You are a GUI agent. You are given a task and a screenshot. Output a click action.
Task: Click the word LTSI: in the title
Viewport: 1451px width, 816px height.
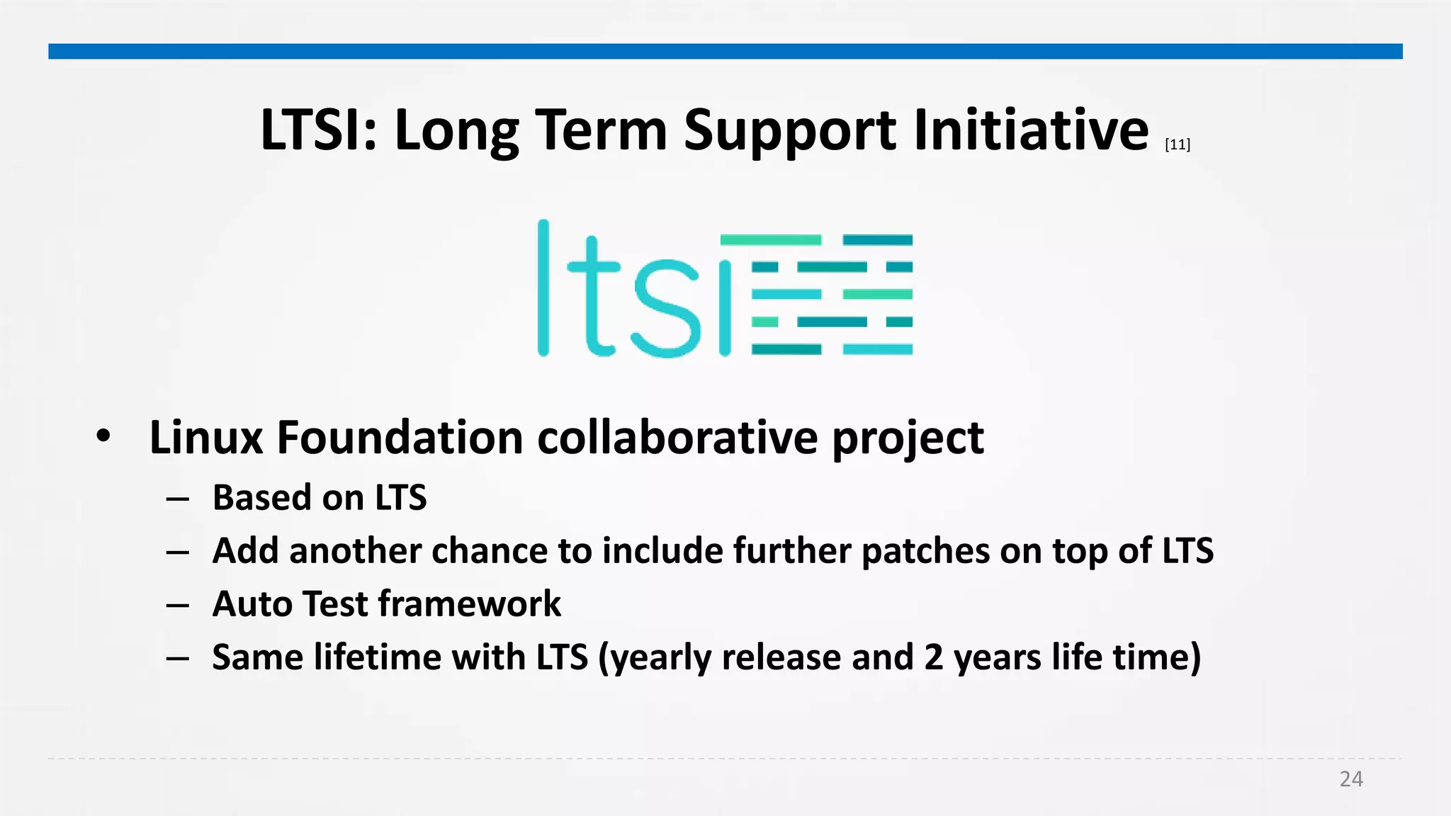(x=319, y=130)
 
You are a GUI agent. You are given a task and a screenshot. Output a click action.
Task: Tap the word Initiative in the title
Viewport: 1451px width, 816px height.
(x=1031, y=130)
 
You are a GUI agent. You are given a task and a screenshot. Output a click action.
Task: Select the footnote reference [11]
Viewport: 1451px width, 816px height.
(x=1177, y=144)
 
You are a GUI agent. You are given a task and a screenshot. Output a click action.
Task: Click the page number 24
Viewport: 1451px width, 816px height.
(x=1350, y=779)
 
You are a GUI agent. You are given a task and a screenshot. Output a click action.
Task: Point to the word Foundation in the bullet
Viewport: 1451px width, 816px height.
(x=400, y=438)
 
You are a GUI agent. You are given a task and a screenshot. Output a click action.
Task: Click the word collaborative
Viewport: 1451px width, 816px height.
(x=677, y=438)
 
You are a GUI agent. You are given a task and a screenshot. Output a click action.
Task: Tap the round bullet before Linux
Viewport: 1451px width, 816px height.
(x=103, y=436)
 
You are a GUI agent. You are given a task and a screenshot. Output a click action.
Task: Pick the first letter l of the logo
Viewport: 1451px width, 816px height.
(x=543, y=288)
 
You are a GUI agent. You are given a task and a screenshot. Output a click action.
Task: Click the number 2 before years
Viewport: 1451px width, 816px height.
(x=933, y=657)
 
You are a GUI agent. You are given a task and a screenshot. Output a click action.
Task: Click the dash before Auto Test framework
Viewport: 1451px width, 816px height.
(x=177, y=605)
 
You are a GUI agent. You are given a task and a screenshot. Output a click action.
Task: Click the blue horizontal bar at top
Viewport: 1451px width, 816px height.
(x=725, y=51)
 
